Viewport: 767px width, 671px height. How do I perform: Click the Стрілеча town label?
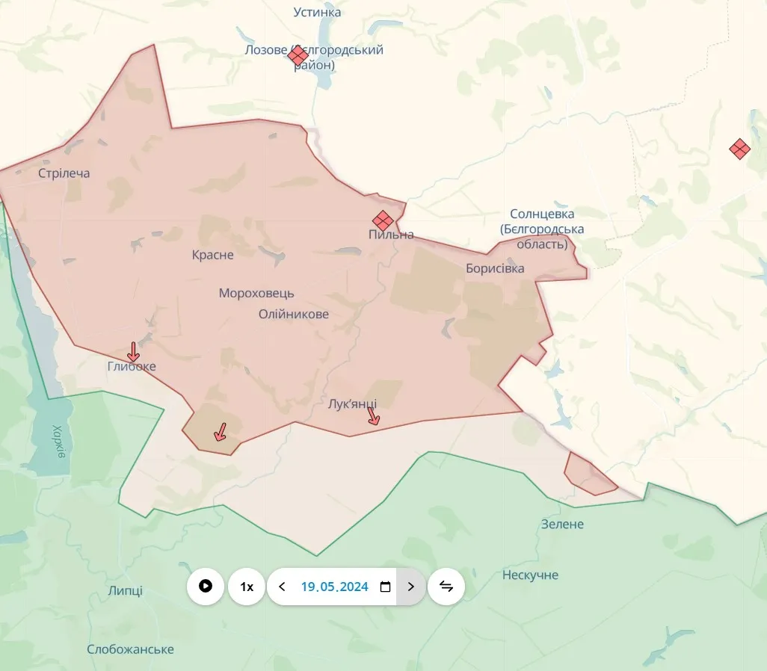[x=64, y=173]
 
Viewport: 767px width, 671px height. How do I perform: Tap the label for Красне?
[x=213, y=255]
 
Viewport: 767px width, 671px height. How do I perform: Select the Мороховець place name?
[x=256, y=294]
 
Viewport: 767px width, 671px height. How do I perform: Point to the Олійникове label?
[x=294, y=314]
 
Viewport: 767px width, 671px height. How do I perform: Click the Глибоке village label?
[x=132, y=367]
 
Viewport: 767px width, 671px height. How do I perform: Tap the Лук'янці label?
[x=353, y=404]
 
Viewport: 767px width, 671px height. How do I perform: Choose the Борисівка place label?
[x=495, y=268]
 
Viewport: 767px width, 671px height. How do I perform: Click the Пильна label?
[x=391, y=235]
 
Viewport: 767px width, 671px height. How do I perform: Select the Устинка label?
[x=317, y=12]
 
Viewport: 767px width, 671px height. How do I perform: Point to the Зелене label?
[x=562, y=525]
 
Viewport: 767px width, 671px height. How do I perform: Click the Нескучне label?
[x=531, y=575]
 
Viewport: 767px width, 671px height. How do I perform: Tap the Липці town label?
[x=126, y=591]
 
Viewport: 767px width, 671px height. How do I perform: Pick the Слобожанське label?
[x=130, y=649]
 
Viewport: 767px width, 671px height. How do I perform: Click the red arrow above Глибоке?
[x=133, y=350]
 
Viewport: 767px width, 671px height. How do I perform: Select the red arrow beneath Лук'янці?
[x=373, y=415]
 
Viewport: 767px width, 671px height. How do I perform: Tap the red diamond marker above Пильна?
[x=383, y=220]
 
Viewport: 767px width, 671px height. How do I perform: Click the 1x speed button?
[x=247, y=587]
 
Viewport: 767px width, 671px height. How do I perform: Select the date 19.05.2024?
[x=334, y=587]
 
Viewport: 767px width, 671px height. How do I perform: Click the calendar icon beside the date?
[x=386, y=587]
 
